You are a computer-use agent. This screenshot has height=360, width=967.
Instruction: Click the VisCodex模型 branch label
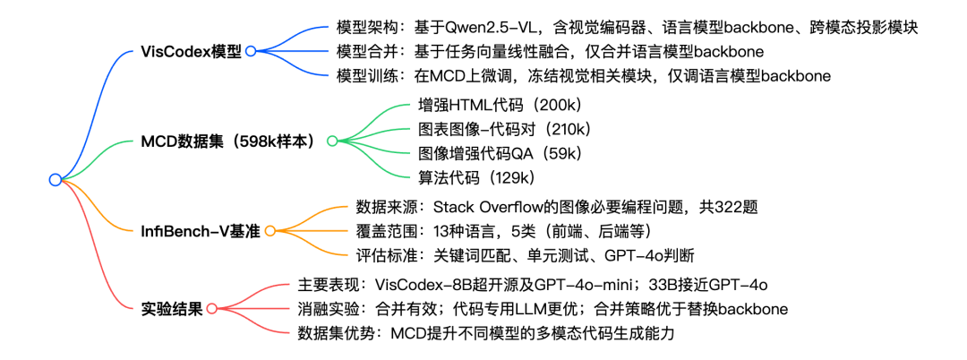(191, 51)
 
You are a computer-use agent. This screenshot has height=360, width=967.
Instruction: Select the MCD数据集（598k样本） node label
(230, 141)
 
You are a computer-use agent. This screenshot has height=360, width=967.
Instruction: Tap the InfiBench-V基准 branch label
(201, 231)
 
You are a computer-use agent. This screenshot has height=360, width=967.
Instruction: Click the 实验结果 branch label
(173, 308)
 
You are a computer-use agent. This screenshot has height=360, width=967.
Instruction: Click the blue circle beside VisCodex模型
(252, 52)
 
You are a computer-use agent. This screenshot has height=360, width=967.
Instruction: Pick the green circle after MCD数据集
(332, 141)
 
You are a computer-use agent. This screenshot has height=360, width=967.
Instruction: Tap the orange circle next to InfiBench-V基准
(269, 231)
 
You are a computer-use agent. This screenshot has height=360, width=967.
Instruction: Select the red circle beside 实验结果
(212, 309)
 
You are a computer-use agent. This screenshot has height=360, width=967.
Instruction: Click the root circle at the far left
(56, 180)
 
